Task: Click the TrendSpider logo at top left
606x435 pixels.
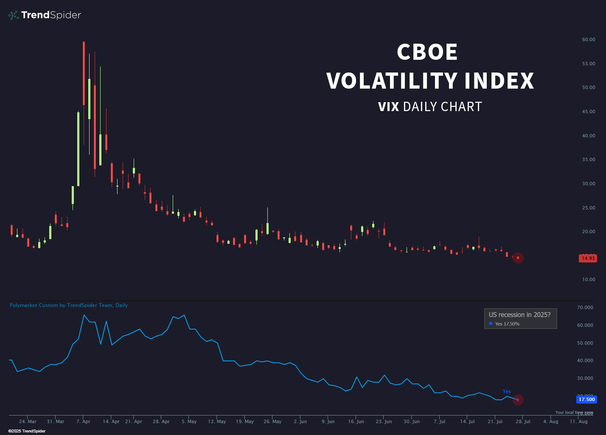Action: (45, 15)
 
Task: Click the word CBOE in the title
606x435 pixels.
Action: (427, 52)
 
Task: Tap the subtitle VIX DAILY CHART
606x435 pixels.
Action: (430, 107)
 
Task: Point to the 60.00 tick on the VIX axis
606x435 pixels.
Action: (588, 39)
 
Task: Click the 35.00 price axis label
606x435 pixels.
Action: (588, 160)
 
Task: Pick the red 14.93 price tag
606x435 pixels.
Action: (588, 258)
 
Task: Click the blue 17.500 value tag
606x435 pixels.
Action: (586, 399)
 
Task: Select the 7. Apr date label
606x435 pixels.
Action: (83, 421)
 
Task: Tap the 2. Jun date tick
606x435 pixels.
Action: (300, 421)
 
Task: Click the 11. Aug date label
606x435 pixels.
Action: (578, 421)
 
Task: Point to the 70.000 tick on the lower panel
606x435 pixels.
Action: (585, 307)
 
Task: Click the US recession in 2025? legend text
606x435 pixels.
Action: (519, 315)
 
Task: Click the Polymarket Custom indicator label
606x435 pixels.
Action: (69, 305)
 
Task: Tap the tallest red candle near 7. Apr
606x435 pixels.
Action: (84, 73)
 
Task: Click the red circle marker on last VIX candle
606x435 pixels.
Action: (518, 258)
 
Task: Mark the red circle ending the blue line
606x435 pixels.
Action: (518, 400)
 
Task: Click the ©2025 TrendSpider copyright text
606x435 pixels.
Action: (27, 431)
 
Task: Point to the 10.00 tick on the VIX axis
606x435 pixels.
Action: (588, 280)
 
